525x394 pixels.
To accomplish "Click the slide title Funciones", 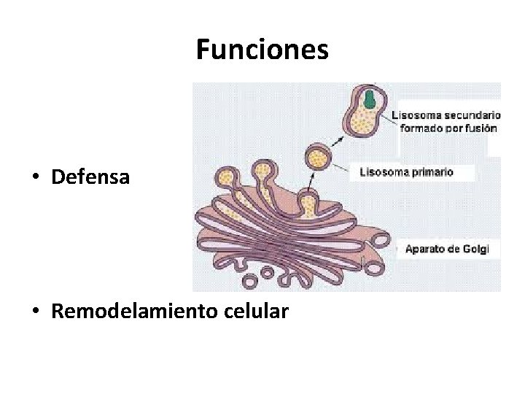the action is pos(262,50).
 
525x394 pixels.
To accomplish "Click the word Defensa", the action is pos(90,177).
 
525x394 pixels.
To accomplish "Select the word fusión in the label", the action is pos(482,128).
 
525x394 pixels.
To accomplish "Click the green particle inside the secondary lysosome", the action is pos(370,98).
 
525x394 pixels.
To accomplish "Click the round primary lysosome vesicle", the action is pos(317,157).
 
